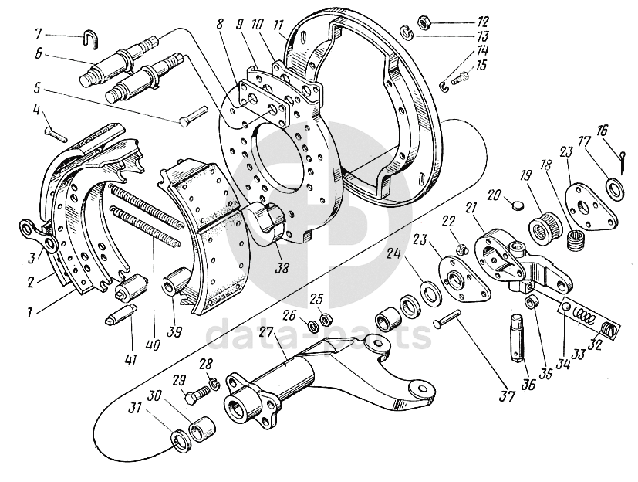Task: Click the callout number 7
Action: tap(38, 34)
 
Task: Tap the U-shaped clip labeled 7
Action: tap(90, 40)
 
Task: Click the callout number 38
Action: tap(282, 267)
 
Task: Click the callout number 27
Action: tap(265, 332)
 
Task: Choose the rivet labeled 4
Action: tap(55, 134)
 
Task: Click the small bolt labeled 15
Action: tap(462, 77)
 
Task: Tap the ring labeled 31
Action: tap(179, 440)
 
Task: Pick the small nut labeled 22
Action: tap(461, 248)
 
